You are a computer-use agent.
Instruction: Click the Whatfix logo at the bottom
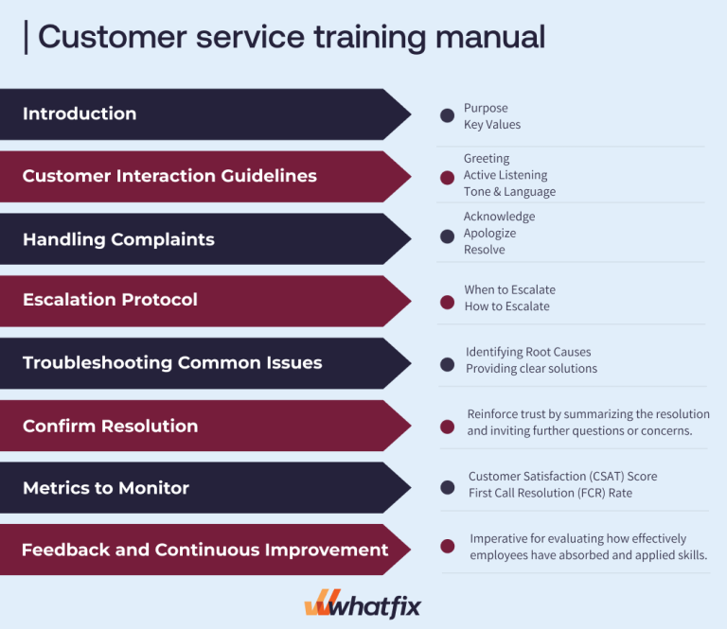[363, 603]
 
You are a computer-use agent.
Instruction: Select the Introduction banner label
[80, 114]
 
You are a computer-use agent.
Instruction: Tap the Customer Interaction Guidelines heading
[169, 176]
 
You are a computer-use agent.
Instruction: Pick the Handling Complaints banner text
[118, 239]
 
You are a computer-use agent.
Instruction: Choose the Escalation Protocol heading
[110, 300]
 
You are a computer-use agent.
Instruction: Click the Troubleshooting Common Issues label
[172, 362]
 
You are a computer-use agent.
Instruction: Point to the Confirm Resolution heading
[110, 426]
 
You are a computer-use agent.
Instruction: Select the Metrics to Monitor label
[106, 488]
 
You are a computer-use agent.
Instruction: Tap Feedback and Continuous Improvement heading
[204, 550]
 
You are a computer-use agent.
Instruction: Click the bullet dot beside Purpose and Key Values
[447, 115]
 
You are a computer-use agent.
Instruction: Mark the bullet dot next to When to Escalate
[447, 302]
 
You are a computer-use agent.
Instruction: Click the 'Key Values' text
[491, 125]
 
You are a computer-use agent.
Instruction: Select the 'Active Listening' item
[505, 175]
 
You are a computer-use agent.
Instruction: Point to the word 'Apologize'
[490, 233]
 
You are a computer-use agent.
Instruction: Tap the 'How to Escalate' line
[506, 306]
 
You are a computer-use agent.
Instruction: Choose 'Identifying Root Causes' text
[528, 352]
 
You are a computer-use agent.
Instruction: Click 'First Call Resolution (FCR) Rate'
[550, 493]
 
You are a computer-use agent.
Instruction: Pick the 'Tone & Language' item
[509, 192]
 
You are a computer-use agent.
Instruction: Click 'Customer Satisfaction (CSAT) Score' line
[562, 476]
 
